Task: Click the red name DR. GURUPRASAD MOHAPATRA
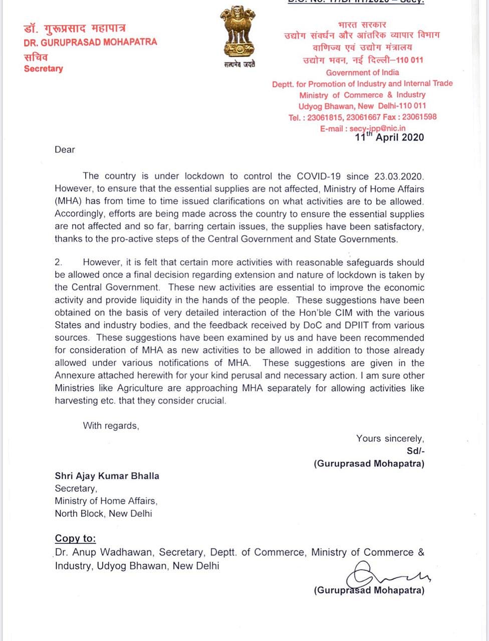click(90, 42)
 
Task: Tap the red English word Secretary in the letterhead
click(44, 69)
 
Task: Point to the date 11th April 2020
click(389, 137)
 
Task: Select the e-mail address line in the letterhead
click(363, 128)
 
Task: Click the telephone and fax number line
click(362, 117)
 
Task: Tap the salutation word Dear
click(65, 149)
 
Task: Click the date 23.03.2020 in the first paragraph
click(399, 176)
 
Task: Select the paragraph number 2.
click(59, 262)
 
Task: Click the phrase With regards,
click(111, 426)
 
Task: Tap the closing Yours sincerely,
click(390, 438)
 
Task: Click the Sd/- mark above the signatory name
click(415, 451)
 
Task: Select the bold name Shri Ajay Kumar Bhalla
click(107, 476)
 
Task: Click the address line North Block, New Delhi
click(103, 513)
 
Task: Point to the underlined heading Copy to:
click(75, 538)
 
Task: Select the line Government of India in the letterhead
click(362, 73)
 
